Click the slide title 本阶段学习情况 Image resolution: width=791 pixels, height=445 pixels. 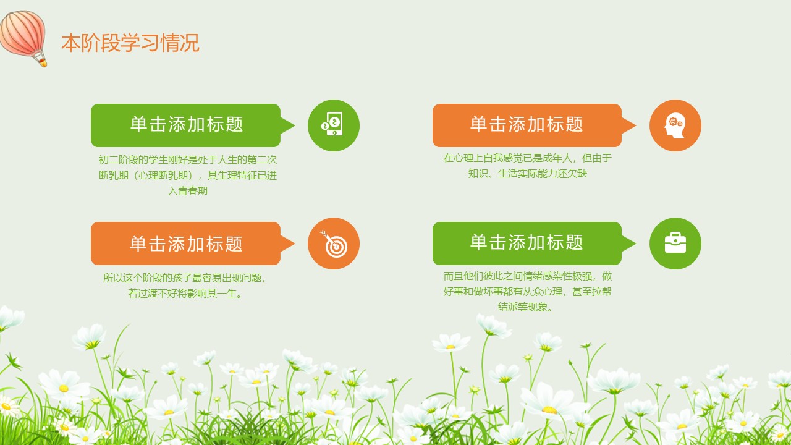130,43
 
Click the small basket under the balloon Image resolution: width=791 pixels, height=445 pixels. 43,63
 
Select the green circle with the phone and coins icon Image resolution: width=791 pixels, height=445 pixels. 334,125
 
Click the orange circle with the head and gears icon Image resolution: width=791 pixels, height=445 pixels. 675,125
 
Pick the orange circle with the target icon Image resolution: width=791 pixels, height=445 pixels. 334,244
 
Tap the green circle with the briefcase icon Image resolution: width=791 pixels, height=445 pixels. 675,244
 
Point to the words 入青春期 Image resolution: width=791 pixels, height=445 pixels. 188,191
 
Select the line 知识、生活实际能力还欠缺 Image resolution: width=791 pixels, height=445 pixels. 528,174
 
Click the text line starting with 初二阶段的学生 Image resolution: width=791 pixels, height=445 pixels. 188,159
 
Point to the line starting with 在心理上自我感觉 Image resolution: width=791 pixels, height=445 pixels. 528,158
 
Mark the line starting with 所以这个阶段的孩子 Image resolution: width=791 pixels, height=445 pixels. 184,278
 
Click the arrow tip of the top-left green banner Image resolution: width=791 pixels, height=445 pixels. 295,125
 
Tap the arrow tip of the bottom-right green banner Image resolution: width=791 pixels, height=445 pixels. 636,244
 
